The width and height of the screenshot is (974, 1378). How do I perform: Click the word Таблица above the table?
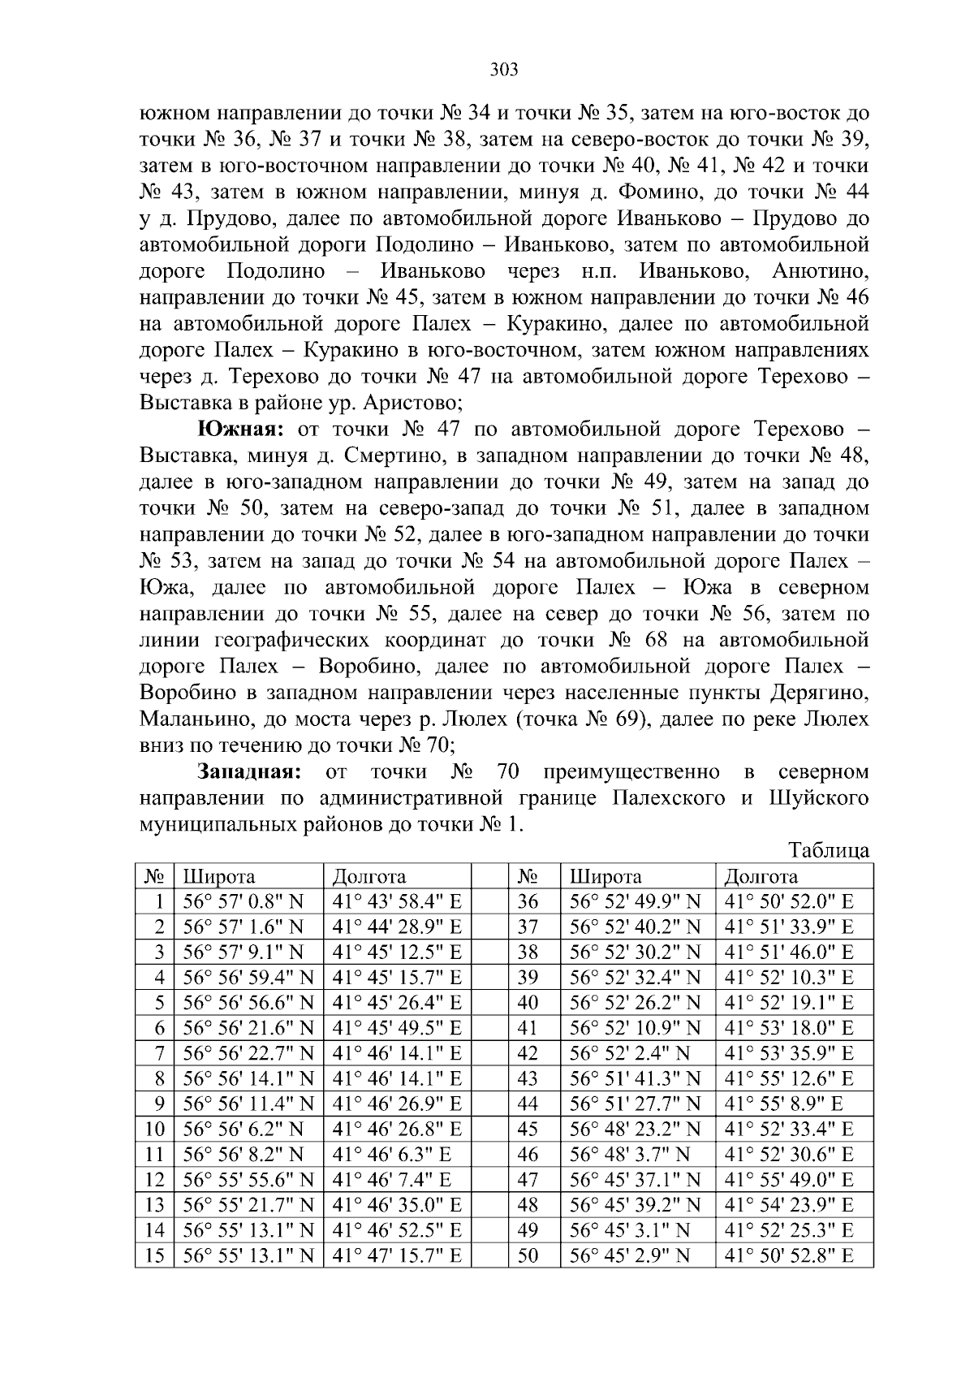(x=829, y=851)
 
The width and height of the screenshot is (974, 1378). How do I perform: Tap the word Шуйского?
(x=817, y=798)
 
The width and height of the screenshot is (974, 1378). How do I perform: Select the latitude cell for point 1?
(x=243, y=901)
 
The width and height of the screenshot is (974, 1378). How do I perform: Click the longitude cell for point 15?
(x=397, y=1256)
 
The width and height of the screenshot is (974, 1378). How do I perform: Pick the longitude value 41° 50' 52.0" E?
(x=788, y=901)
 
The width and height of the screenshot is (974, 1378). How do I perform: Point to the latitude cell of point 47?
(x=635, y=1180)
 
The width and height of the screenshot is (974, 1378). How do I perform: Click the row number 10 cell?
(x=154, y=1130)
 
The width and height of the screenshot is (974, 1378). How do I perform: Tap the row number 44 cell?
(x=528, y=1104)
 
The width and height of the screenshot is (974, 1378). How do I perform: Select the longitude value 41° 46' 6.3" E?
(x=391, y=1155)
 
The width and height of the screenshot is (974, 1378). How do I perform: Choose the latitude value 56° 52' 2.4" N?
(x=629, y=1053)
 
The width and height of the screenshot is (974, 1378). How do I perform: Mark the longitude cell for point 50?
(x=788, y=1256)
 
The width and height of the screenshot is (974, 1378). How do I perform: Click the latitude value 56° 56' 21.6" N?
(x=248, y=1028)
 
